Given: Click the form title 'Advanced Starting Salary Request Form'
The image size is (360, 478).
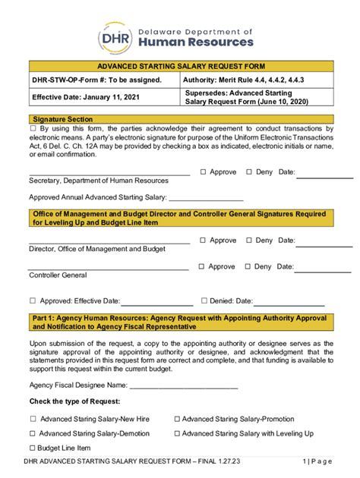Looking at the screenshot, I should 180,67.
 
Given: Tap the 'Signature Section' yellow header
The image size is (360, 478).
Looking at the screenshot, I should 63,119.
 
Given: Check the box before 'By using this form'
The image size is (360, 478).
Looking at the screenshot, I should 33,129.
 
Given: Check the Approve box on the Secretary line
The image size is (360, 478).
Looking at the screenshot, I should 203,172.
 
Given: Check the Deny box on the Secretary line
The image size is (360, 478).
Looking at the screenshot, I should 248,172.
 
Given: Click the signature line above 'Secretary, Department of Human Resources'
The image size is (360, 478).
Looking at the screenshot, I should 109,175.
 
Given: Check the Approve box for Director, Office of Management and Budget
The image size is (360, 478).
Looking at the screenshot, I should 203,241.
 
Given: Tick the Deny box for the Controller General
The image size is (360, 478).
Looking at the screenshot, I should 248,267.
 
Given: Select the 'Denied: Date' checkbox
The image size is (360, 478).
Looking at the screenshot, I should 203,301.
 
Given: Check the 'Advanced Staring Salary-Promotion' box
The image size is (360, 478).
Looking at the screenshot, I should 177,418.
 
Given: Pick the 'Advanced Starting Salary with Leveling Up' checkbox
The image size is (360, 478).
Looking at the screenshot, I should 177,433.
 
